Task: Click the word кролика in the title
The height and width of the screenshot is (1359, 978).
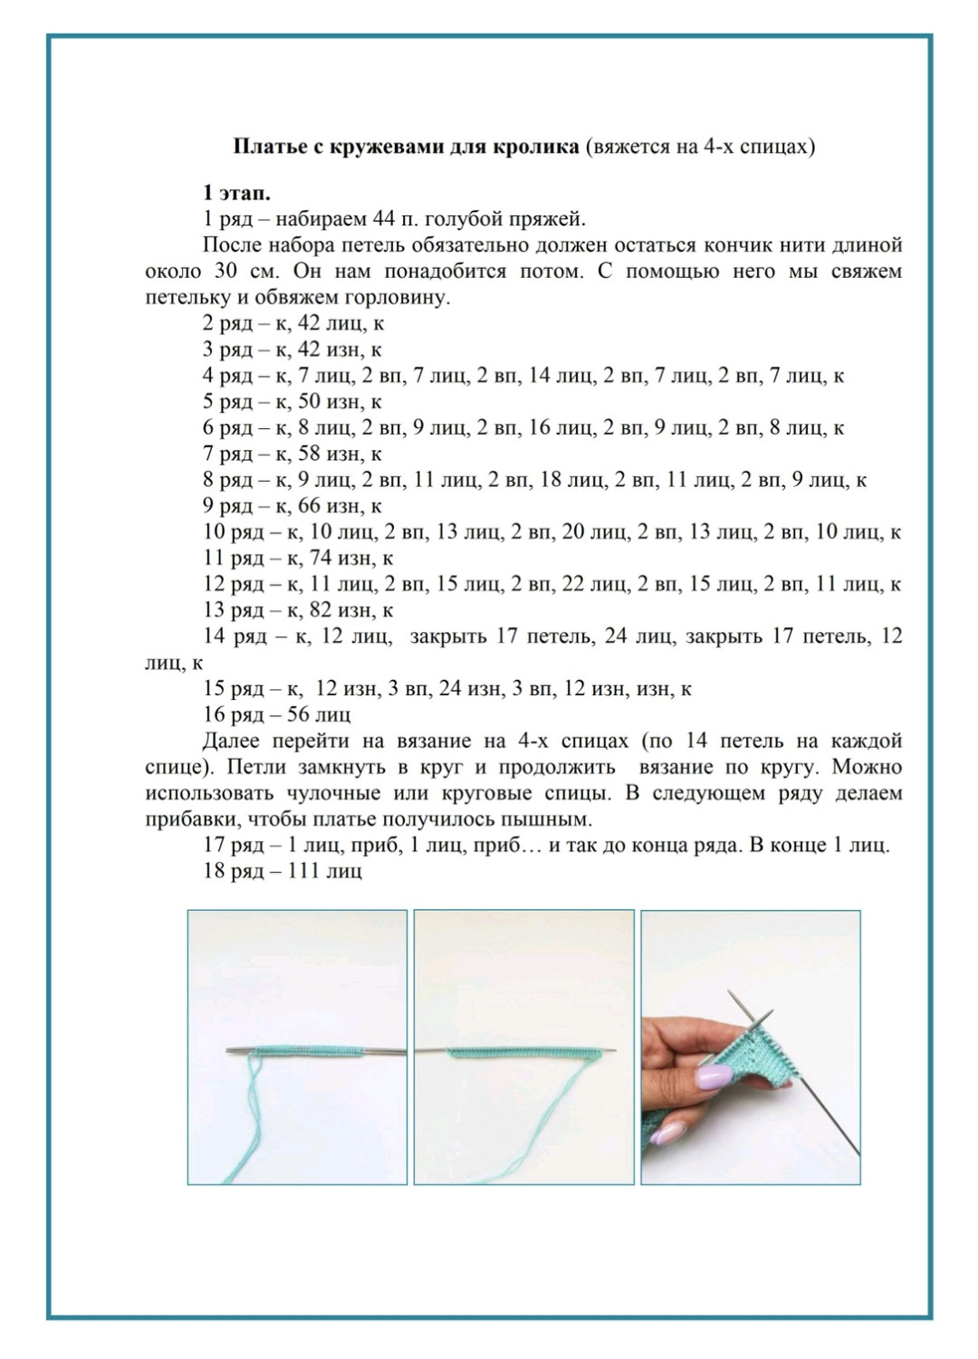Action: tap(538, 146)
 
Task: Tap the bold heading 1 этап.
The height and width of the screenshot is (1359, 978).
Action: tap(237, 193)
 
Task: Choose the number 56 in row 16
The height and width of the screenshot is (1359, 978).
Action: tap(298, 715)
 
